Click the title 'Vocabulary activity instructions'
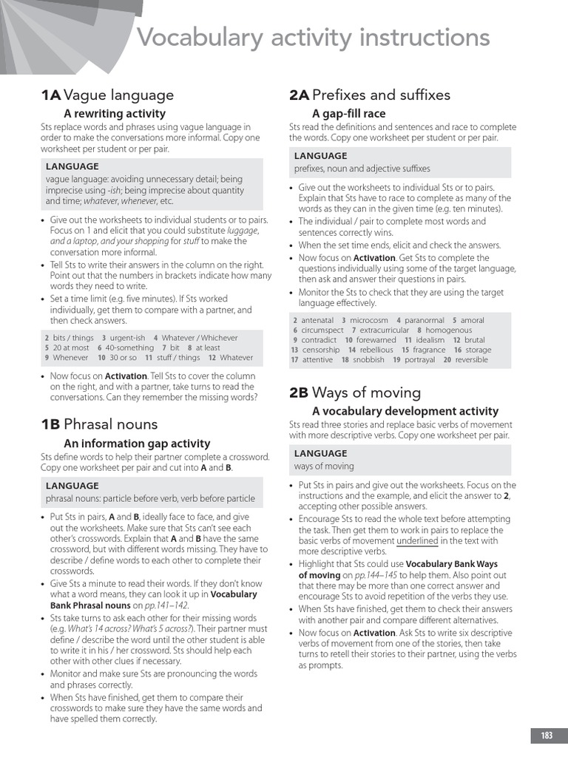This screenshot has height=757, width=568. tap(314, 37)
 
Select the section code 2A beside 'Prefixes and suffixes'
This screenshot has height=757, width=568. tap(299, 95)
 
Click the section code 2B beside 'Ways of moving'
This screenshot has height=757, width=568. tap(299, 393)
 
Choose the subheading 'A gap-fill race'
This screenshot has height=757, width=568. tap(348, 113)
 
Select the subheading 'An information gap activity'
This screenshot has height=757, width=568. tap(137, 443)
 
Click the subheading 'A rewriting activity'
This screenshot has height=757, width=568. tap(115, 113)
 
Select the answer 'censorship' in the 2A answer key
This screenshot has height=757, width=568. tap(320, 350)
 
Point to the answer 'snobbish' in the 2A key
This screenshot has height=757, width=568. tap(368, 360)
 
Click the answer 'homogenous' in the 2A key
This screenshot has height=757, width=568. tap(448, 330)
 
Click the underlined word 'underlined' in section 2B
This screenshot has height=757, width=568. tap(417, 540)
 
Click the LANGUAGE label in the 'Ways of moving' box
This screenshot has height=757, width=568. tap(320, 453)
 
